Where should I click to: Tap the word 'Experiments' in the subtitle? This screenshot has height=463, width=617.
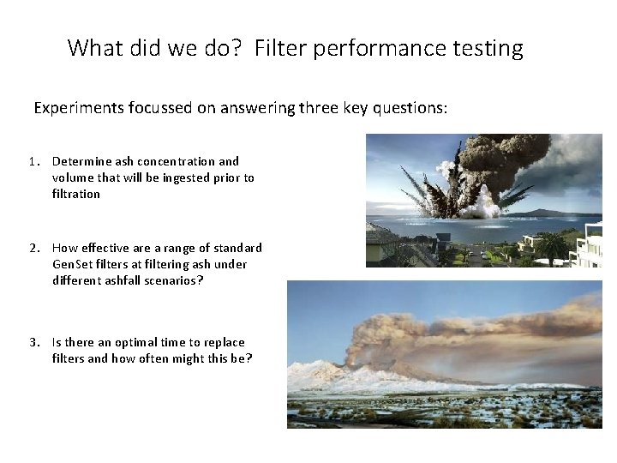[x=78, y=108]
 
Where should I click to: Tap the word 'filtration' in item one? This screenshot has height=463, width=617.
[x=76, y=194]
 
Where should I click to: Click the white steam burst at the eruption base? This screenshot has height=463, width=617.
[x=487, y=206]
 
